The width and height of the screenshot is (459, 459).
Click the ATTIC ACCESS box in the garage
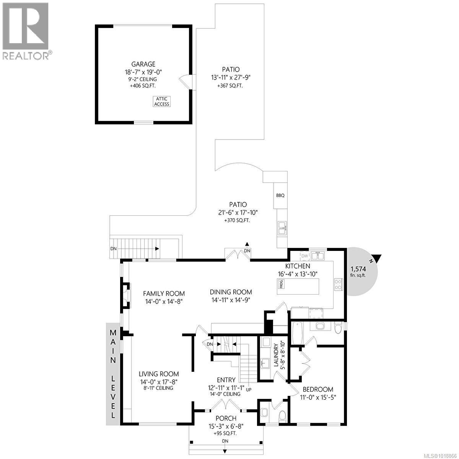pyautogui.click(x=162, y=101)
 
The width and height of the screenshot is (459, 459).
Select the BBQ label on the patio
pyautogui.click(x=280, y=195)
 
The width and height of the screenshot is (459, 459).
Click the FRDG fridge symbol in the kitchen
pyautogui.click(x=282, y=284)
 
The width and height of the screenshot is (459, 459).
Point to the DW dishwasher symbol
pyautogui.click(x=304, y=256)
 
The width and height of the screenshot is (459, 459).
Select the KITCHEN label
pyautogui.click(x=297, y=266)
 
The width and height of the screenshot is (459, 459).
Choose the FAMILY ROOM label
pyautogui.click(x=164, y=293)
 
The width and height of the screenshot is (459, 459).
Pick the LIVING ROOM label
pyautogui.click(x=159, y=374)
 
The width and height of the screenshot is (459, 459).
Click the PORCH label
pyautogui.click(x=226, y=418)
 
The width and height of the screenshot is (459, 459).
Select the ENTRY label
pyautogui.click(x=226, y=380)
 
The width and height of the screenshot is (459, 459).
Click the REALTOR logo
pyautogui.click(x=26, y=31)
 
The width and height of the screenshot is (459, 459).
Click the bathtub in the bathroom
pyautogui.click(x=297, y=333)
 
